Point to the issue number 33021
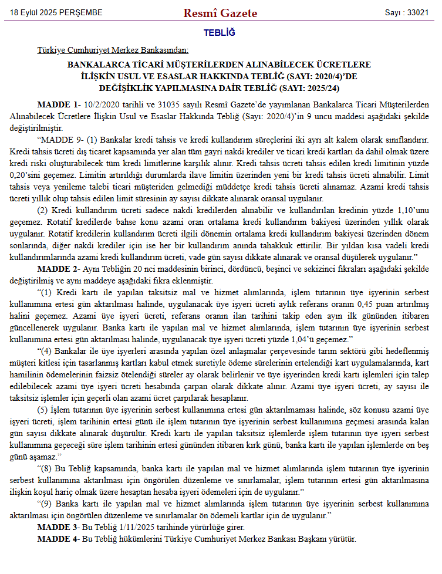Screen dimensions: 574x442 [x=417, y=13]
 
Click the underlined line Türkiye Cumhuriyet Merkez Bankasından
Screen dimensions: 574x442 [x=113, y=51]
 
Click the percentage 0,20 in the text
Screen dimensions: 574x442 [x=20, y=175]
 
